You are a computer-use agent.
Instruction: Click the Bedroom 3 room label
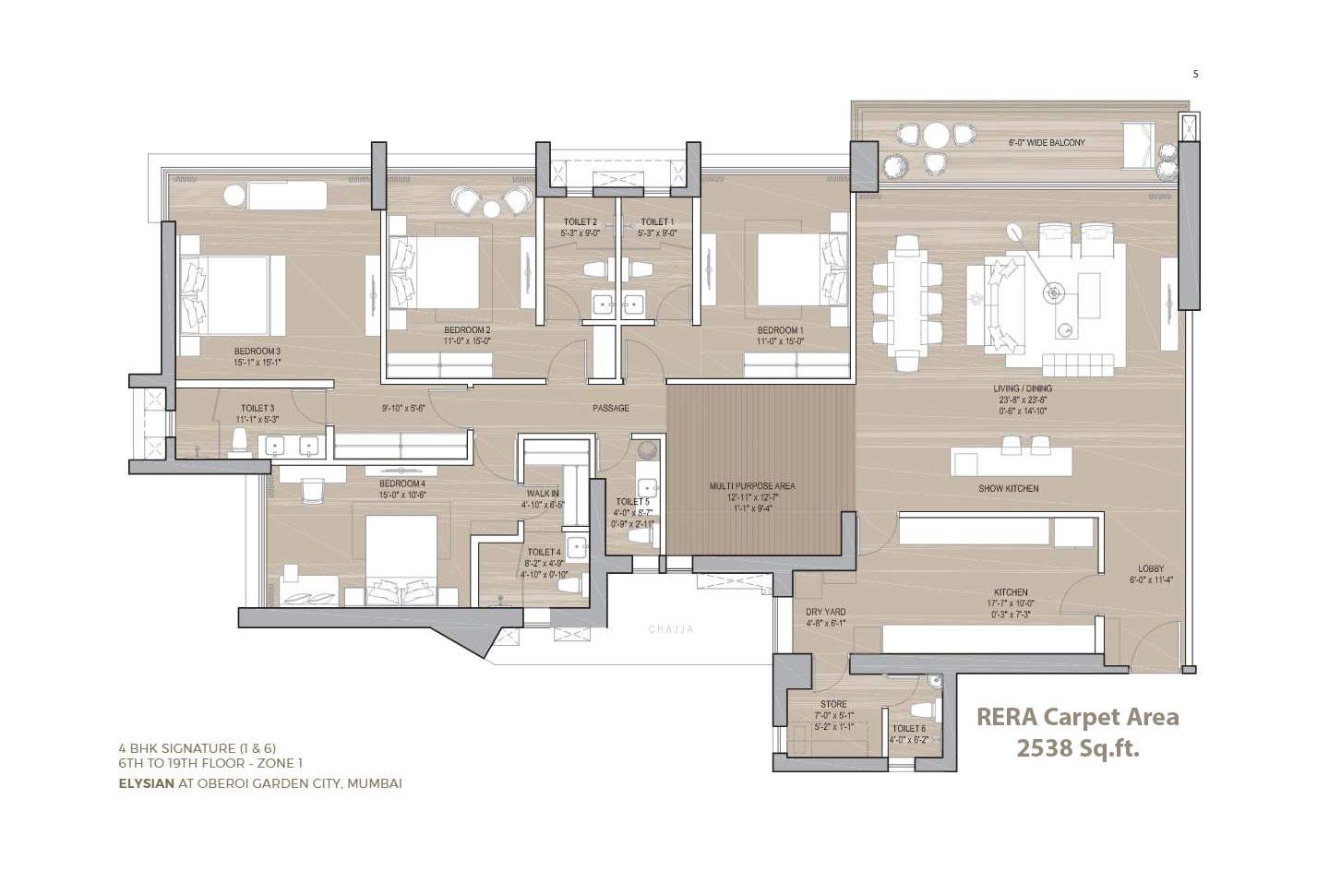tap(257, 351)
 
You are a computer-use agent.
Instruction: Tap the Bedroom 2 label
tap(467, 329)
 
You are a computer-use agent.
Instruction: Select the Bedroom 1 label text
tap(780, 329)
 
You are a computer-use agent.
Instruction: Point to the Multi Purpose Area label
tap(752, 486)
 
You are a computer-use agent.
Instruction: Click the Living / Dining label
tap(1024, 388)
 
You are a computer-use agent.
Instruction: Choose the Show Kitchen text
tap(1009, 488)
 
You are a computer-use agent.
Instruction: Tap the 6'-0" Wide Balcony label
tap(1046, 143)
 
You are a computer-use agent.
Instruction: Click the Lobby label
tap(1151, 568)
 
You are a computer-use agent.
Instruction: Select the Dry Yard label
tap(825, 612)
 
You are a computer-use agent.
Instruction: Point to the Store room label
tap(833, 704)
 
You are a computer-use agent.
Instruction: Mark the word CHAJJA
tap(670, 629)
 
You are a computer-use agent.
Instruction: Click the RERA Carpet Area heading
tap(1077, 717)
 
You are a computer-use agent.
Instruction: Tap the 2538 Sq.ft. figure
tap(1077, 748)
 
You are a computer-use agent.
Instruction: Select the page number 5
tap(1195, 74)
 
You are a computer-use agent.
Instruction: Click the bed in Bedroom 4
tap(401, 558)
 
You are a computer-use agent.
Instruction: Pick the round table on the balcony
tap(936, 136)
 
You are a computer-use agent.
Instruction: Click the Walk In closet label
tap(542, 494)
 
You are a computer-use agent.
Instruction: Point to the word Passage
tap(611, 408)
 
